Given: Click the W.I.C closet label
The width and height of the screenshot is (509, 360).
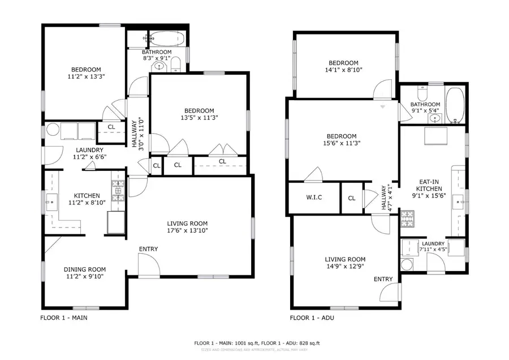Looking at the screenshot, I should pyautogui.click(x=314, y=198).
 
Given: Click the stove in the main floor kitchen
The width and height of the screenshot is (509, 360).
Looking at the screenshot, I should pyautogui.click(x=118, y=191).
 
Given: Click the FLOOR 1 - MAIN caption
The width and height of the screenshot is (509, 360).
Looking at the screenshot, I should pyautogui.click(x=63, y=318).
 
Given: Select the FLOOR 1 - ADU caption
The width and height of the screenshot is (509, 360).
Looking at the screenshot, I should pyautogui.click(x=312, y=318).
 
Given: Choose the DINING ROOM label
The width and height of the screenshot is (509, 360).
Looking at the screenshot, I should pyautogui.click(x=85, y=269).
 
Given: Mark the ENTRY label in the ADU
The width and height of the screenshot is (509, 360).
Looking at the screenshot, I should pyautogui.click(x=383, y=279).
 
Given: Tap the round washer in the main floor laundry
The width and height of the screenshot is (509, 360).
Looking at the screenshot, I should pyautogui.click(x=53, y=130).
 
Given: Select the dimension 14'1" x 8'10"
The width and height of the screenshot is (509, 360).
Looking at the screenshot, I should pyautogui.click(x=344, y=70).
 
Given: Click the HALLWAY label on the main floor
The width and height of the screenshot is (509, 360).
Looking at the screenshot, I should pyautogui.click(x=135, y=132).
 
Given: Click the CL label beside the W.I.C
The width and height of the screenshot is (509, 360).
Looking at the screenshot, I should pyautogui.click(x=352, y=198).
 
